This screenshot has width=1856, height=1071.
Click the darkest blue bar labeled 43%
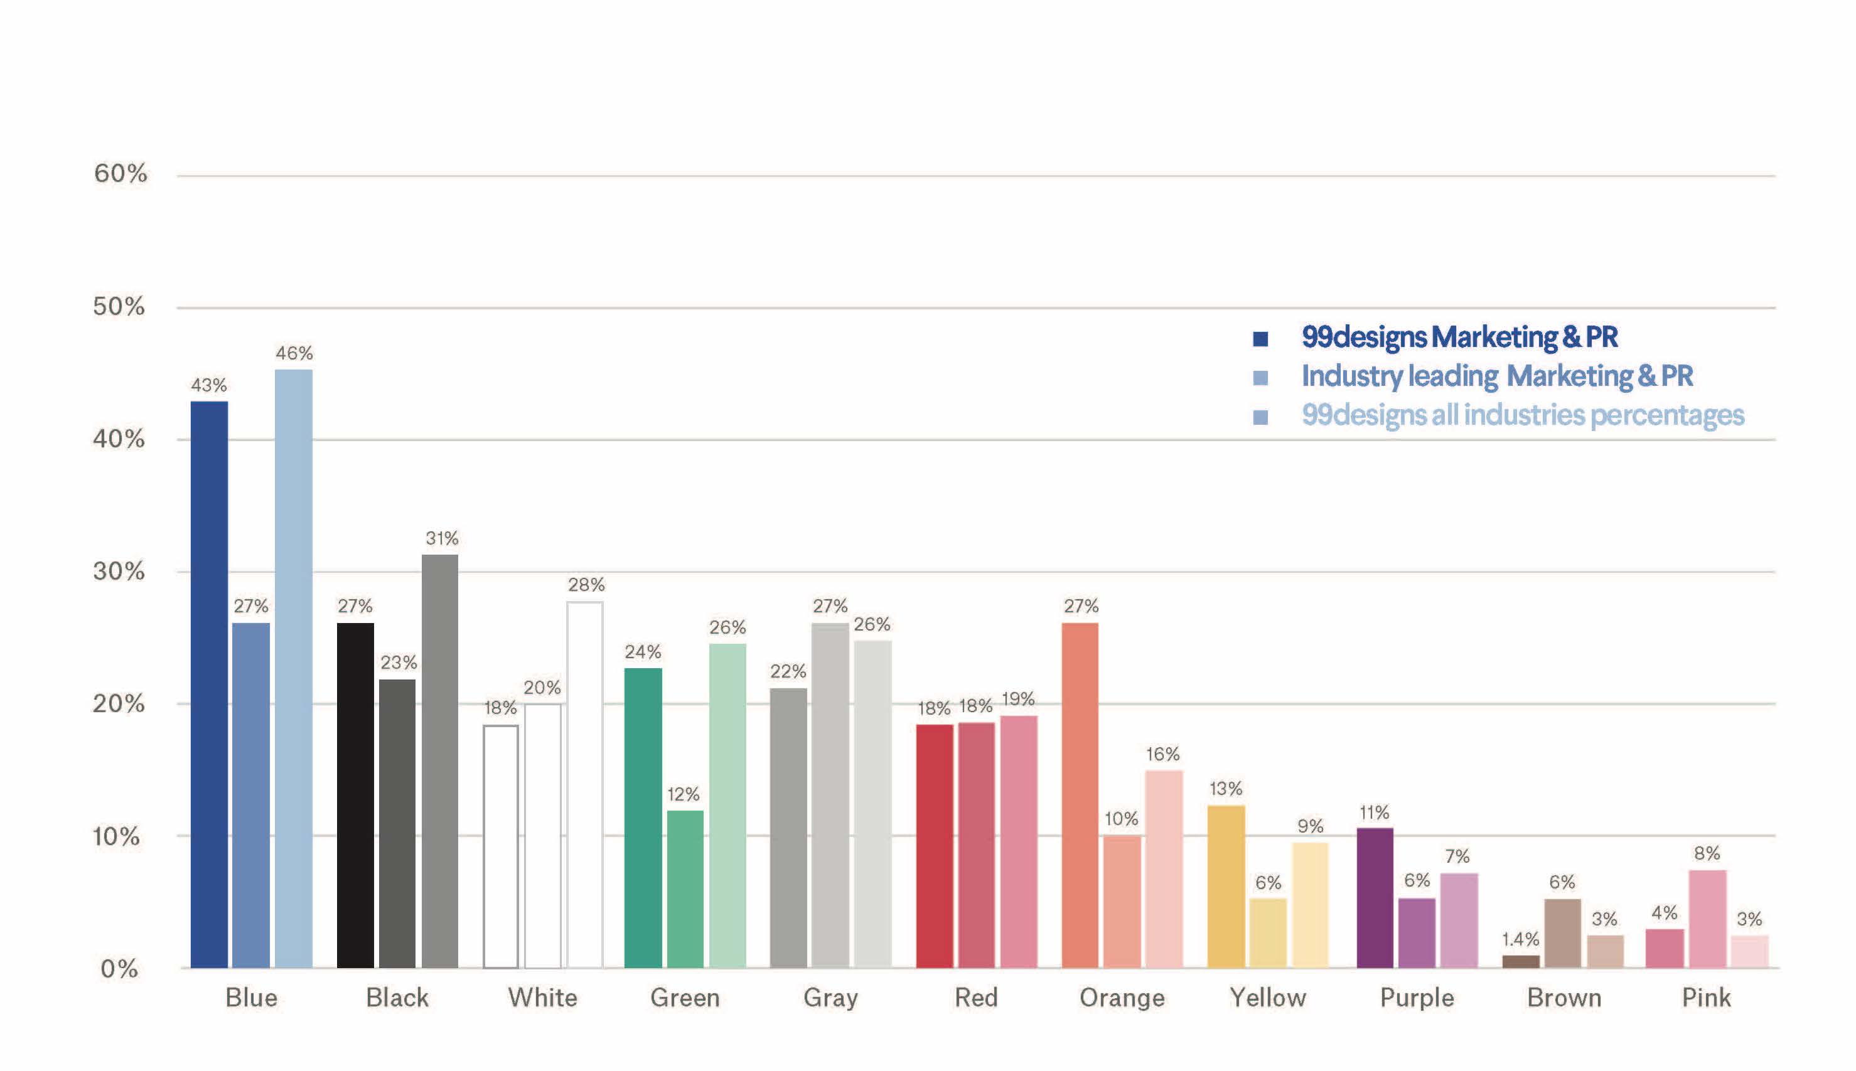point(209,684)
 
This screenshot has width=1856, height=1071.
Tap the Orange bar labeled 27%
point(1080,794)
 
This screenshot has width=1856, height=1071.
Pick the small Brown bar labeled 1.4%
point(1521,961)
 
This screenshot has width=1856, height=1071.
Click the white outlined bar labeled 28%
point(585,784)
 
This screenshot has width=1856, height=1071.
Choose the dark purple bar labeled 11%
point(1374,897)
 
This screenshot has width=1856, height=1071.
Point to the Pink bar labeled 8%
point(1707,919)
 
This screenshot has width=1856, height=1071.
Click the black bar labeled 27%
point(355,794)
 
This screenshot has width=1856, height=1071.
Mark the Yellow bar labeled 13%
point(1226,887)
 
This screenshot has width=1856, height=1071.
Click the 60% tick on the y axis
point(120,174)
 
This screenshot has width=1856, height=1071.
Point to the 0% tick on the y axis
point(119,969)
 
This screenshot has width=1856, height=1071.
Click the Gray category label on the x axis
point(830,998)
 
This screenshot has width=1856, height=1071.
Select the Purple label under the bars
point(1417,998)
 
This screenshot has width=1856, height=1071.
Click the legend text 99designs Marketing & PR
point(1459,337)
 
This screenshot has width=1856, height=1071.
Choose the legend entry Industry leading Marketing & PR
point(1497,376)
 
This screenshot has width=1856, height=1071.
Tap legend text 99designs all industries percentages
point(1523,415)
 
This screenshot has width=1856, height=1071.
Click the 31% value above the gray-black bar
point(441,538)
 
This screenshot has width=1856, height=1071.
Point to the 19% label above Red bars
point(1018,699)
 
